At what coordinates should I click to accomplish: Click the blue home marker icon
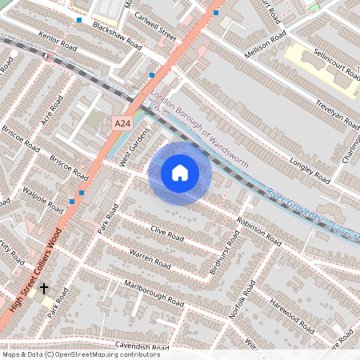coord(180,173)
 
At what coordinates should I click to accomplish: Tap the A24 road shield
coord(122,123)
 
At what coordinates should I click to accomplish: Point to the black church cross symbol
coord(44,287)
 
